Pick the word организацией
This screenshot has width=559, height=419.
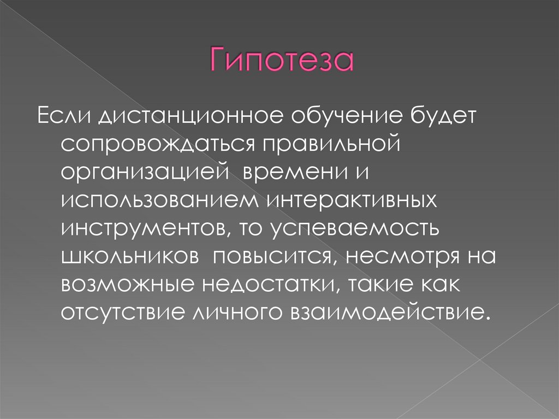coord(144,174)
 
